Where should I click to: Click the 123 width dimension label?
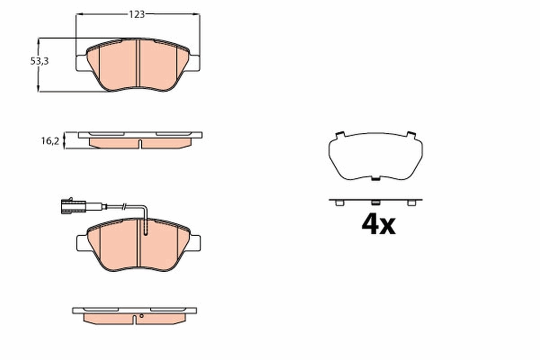137,14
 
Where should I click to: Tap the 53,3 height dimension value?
39,62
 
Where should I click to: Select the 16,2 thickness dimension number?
50,141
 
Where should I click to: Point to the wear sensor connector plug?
72,207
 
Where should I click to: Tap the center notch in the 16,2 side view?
140,144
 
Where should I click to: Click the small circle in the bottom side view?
141,316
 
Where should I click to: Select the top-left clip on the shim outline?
340,134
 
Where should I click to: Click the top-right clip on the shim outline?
410,134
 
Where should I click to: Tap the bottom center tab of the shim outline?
375,178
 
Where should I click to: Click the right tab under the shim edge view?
410,203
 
